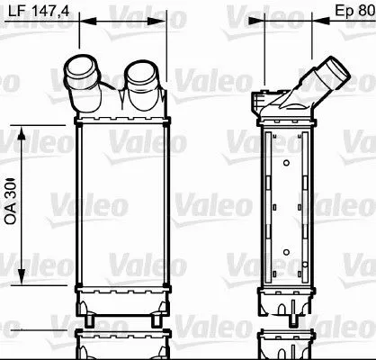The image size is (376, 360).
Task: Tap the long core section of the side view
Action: pos(284,207)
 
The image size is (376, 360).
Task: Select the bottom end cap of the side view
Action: pos(284,301)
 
